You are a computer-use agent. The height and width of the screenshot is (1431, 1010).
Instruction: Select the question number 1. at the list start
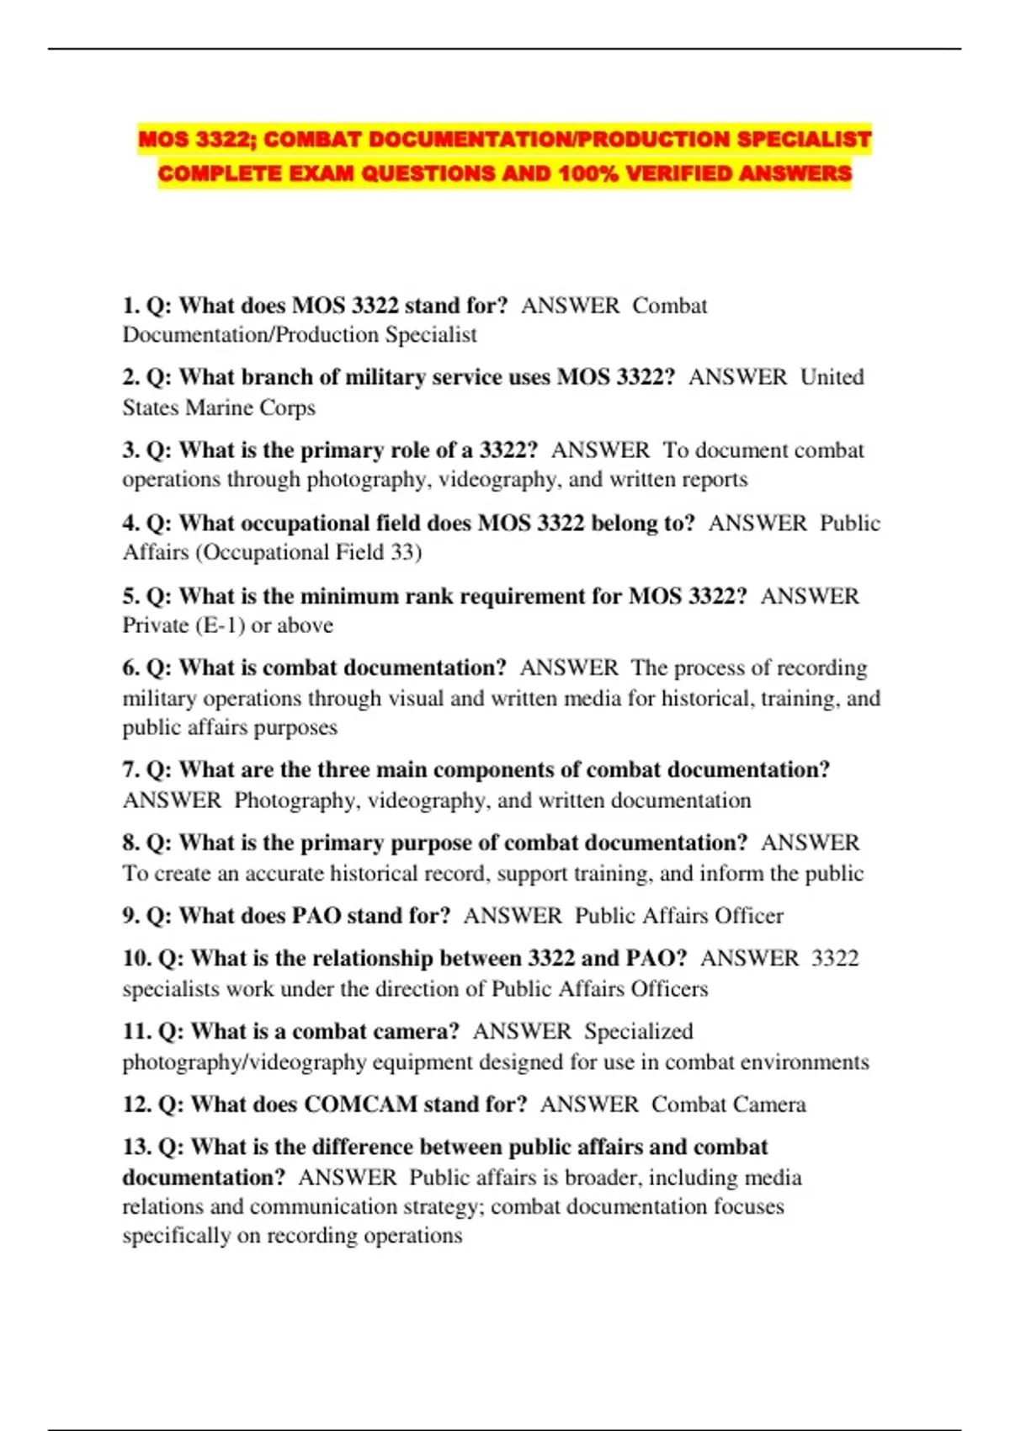click(131, 306)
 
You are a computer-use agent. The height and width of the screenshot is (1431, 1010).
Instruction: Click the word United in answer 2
click(832, 377)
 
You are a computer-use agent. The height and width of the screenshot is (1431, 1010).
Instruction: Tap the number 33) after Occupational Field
click(407, 552)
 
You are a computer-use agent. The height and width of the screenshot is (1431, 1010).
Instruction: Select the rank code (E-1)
click(220, 625)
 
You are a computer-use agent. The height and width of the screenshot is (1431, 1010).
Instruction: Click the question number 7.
click(131, 770)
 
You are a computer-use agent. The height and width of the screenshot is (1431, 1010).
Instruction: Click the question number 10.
click(136, 959)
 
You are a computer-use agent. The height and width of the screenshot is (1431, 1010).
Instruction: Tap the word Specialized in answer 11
click(639, 1031)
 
